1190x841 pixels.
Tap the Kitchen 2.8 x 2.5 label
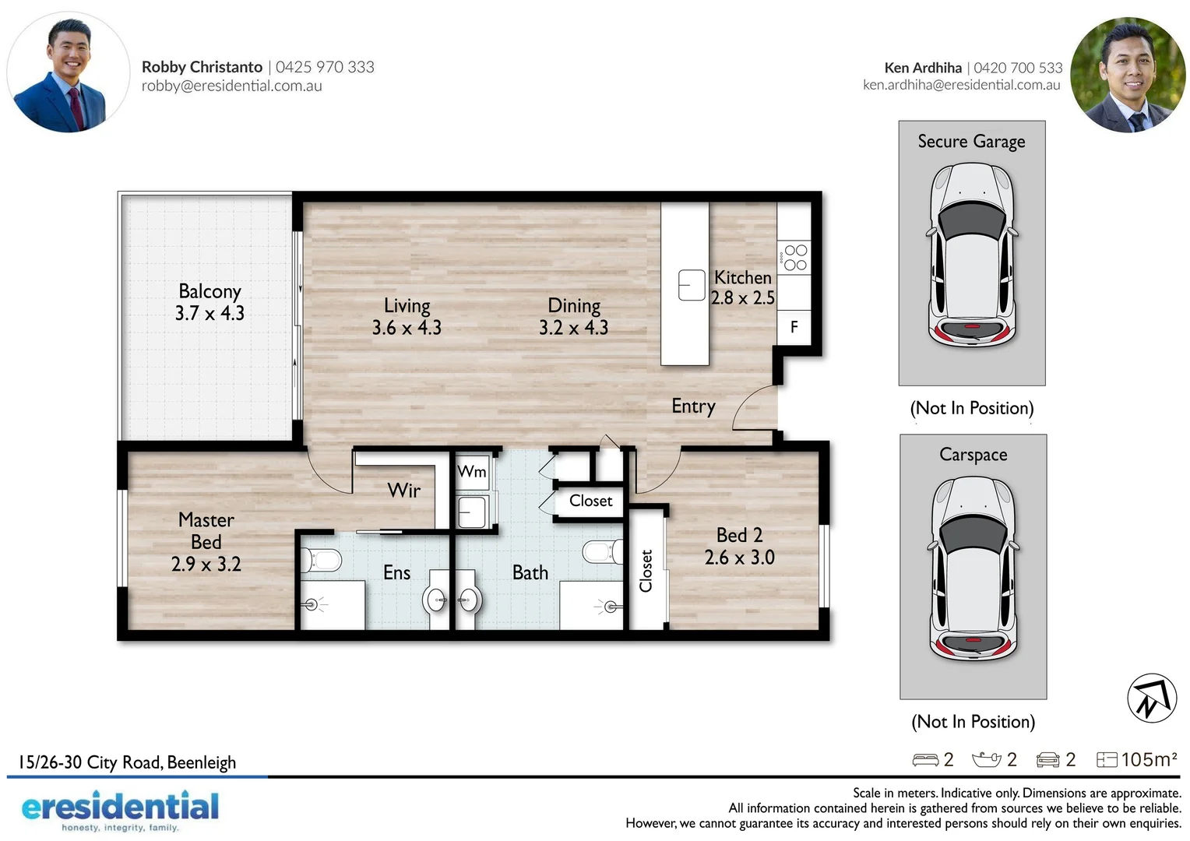pyautogui.click(x=742, y=287)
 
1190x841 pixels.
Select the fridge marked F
pyautogui.click(x=794, y=327)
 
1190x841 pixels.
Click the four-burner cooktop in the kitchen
pyautogui.click(x=794, y=258)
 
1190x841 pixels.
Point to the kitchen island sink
pyautogui.click(x=691, y=285)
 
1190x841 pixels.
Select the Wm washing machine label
pyautogui.click(x=472, y=471)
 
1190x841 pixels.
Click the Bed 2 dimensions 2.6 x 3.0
pyautogui.click(x=739, y=558)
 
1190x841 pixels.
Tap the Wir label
pyautogui.click(x=403, y=491)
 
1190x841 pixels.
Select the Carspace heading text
pyautogui.click(x=973, y=455)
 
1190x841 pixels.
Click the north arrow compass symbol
pyautogui.click(x=1152, y=698)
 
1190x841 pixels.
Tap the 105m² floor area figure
pyautogui.click(x=1148, y=759)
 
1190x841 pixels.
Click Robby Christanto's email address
pyautogui.click(x=231, y=86)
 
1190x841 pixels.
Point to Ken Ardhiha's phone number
pyautogui.click(x=1018, y=68)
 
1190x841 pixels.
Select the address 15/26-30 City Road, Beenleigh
pyautogui.click(x=127, y=762)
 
